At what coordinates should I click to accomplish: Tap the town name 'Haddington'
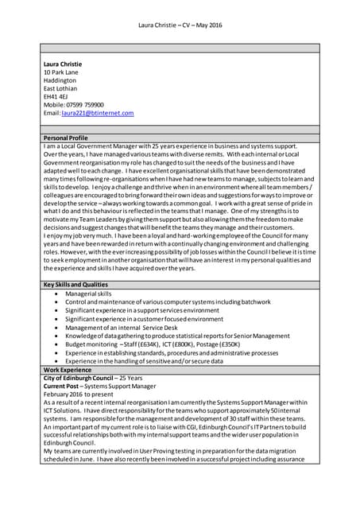pyautogui.click(x=60, y=80)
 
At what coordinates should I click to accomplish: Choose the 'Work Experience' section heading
pyautogui.click(x=68, y=370)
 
